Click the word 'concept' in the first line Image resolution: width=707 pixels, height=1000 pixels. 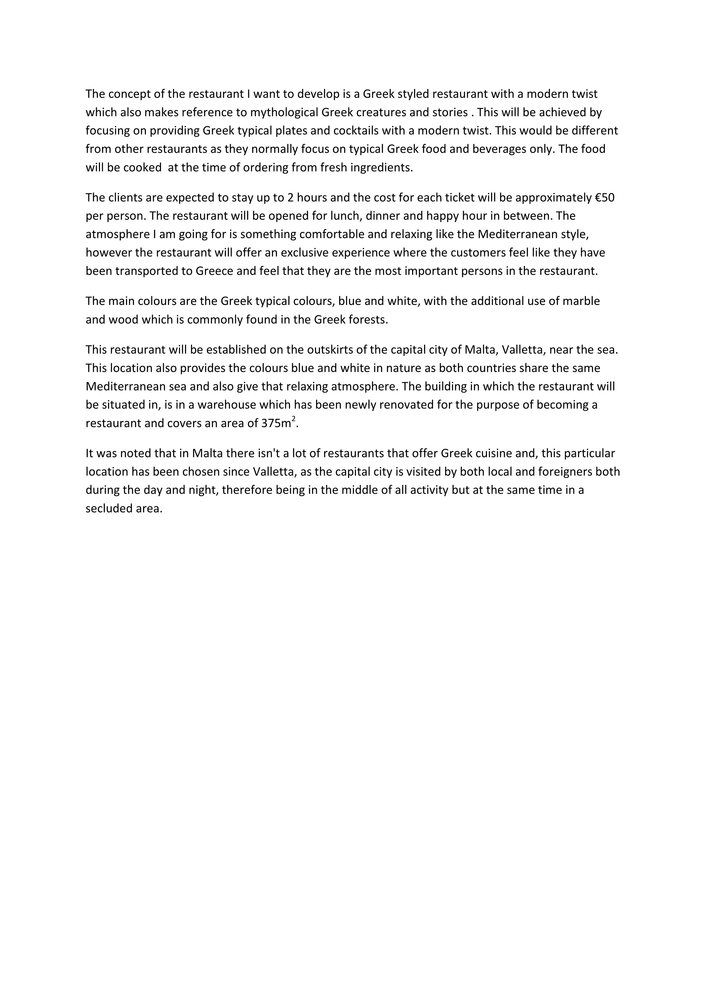point(125,94)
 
